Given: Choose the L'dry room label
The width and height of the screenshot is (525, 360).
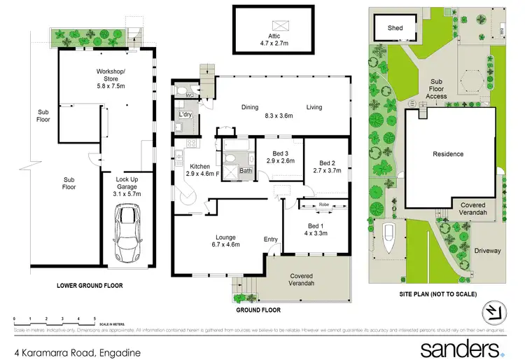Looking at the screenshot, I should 185,114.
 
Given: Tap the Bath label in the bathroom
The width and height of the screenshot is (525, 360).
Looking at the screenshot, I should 246,170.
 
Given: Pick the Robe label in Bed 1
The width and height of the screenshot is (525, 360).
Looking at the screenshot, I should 323,205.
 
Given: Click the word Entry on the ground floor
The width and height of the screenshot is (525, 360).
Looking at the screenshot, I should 271,240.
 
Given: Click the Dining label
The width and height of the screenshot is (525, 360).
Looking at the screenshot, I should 250,107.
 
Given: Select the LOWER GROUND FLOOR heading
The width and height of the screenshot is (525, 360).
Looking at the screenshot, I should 90,286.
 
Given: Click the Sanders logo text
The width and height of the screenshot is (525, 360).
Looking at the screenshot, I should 459,348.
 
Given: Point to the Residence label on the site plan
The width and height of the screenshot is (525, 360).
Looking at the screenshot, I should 448,154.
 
